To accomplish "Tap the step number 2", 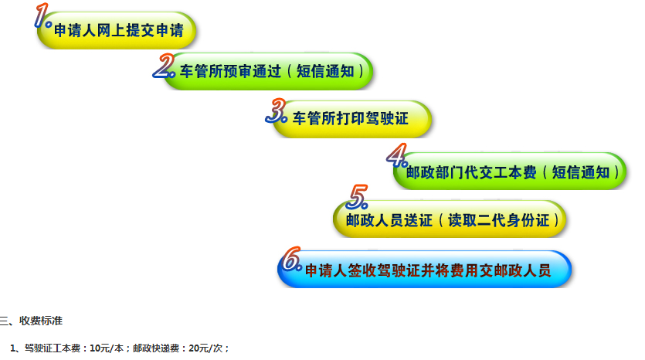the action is (x=164, y=66).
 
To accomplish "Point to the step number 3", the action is (x=276, y=110).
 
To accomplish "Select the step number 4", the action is (x=397, y=155).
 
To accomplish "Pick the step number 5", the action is (x=357, y=197).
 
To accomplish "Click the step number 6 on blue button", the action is (x=292, y=260).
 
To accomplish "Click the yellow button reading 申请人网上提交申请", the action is (x=116, y=30).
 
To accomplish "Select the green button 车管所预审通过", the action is (x=268, y=71).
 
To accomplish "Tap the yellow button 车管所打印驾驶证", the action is (x=351, y=119).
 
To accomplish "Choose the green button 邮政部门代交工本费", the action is (x=510, y=172).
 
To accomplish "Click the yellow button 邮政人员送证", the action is (x=450, y=219).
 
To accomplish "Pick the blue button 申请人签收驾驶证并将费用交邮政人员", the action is (x=425, y=269).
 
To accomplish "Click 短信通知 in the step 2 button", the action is (x=325, y=71).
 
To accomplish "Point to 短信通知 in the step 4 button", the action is (x=580, y=172).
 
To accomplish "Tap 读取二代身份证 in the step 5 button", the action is (x=498, y=220).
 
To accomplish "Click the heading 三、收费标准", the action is (x=31, y=321).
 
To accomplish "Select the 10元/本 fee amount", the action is (x=107, y=348).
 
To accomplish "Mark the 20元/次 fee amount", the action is (x=205, y=348).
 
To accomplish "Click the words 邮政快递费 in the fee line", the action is (x=156, y=348).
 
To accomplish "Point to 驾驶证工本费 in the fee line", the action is (x=53, y=348).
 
